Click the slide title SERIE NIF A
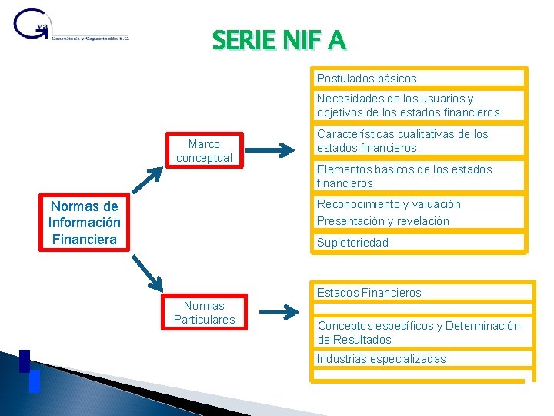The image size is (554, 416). point(279,39)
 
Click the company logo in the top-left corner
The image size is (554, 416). point(70,29)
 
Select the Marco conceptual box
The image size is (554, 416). point(204,150)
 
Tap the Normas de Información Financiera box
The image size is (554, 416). point(84,223)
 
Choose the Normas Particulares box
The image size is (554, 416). point(204,313)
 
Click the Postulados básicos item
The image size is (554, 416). point(419,78)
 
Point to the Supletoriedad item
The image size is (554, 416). point(419,242)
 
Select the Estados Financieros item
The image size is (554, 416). point(422,292)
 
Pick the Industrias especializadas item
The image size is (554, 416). point(422,358)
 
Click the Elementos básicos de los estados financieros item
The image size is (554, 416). point(419,176)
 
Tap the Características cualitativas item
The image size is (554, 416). point(419,141)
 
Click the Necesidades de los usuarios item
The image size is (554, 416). point(419,106)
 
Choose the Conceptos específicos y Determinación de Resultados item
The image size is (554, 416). point(422,332)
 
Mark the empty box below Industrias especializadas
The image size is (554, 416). point(422,375)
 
